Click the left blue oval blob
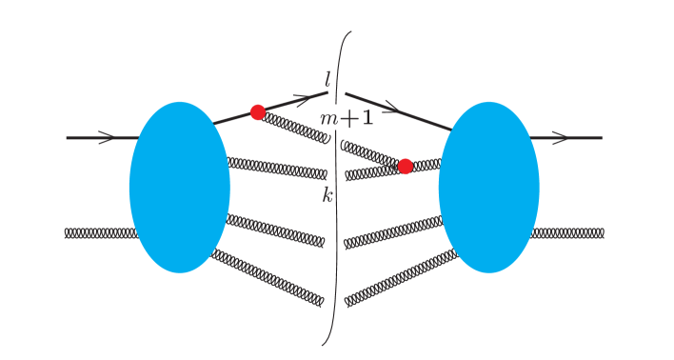click(179, 187)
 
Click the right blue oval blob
click(488, 187)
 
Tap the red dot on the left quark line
click(257, 112)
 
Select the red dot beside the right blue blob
click(406, 166)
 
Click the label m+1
click(347, 119)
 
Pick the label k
click(327, 195)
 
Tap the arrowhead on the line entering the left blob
click(106, 138)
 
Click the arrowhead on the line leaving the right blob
click(560, 138)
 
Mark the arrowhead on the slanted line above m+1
click(387, 107)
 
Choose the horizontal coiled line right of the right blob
click(568, 232)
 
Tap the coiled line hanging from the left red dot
click(296, 128)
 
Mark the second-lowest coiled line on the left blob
click(276, 230)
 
